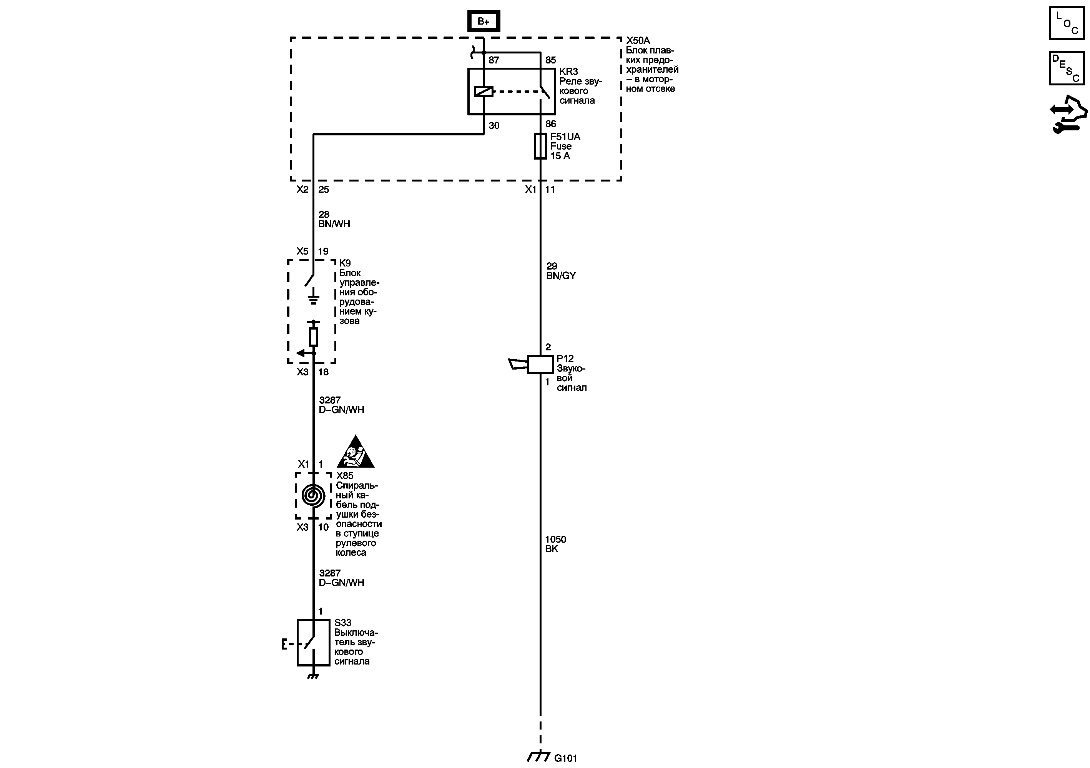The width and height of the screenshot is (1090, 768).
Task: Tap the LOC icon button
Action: pos(1066,23)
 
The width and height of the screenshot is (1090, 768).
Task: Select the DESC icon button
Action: pos(1066,68)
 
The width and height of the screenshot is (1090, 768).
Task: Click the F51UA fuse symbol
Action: pos(540,146)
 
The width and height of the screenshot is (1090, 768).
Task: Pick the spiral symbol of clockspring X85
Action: pos(313,496)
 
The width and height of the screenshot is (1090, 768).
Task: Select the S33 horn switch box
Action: pos(313,643)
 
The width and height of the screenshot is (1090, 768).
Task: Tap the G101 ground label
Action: pos(565,758)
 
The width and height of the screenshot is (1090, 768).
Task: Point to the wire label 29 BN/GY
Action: pos(561,271)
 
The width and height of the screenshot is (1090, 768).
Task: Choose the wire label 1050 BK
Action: pos(555,544)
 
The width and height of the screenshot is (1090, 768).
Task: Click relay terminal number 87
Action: pos(494,60)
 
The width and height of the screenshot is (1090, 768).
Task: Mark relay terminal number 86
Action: pos(551,124)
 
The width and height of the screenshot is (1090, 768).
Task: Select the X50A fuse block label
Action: pos(638,41)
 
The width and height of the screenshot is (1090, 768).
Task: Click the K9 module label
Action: pos(345,263)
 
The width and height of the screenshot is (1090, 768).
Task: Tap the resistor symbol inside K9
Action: pos(313,337)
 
